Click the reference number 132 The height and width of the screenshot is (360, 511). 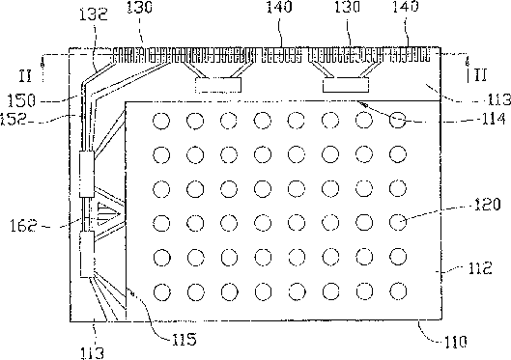[x=94, y=14]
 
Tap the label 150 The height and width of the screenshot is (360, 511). [x=21, y=100]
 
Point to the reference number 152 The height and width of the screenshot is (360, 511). [x=13, y=119]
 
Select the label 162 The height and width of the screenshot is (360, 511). [x=24, y=225]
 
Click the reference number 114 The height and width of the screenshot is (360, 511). [x=493, y=119]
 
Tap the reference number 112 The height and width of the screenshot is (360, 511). [x=480, y=268]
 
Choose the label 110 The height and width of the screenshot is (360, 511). [x=456, y=342]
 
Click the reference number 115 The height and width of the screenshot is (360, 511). [x=185, y=339]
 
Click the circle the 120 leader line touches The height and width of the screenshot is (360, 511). [x=398, y=222]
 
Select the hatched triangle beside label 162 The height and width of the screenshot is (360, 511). [x=108, y=214]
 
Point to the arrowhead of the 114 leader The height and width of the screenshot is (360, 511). [x=363, y=104]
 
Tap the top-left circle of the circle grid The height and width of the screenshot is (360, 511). [x=161, y=121]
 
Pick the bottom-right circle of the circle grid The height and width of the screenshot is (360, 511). [x=398, y=291]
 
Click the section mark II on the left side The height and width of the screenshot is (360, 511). [x=25, y=75]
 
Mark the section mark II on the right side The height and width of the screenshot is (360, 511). [x=478, y=75]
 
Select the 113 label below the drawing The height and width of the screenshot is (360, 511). [x=93, y=353]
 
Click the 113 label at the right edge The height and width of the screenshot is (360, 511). [x=499, y=99]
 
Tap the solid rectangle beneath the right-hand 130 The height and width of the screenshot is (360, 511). [x=346, y=85]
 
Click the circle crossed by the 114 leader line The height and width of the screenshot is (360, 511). [x=398, y=121]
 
